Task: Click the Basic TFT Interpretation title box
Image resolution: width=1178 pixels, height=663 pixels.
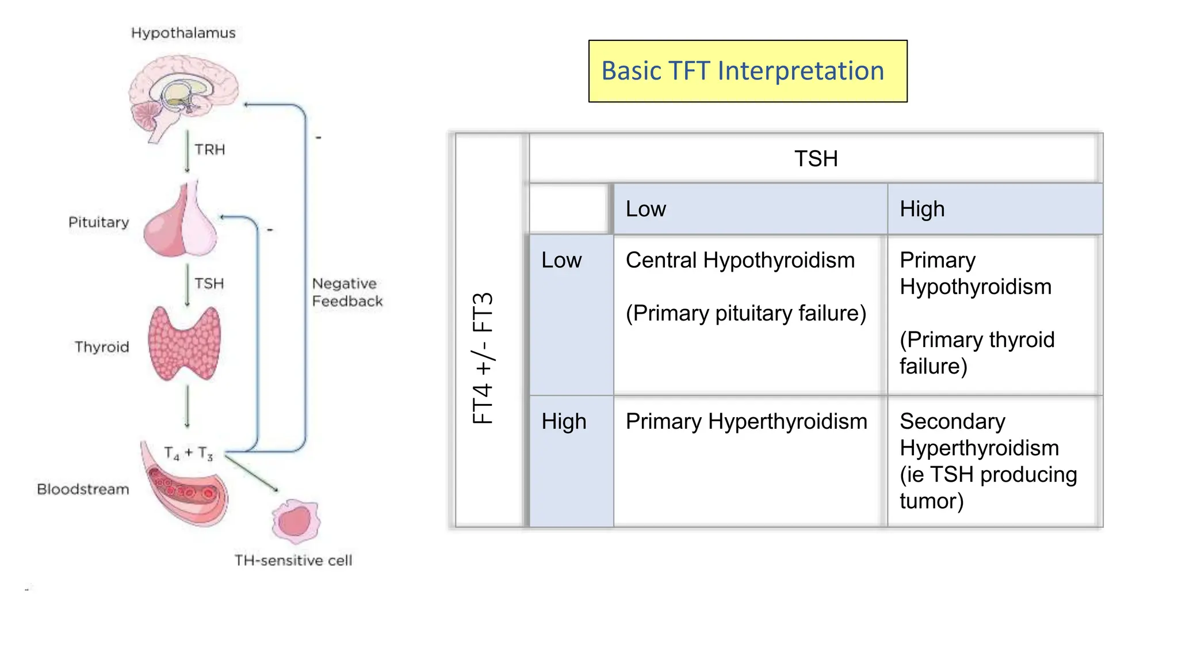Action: (x=747, y=71)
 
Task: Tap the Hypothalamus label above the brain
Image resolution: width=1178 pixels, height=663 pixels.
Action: (x=183, y=33)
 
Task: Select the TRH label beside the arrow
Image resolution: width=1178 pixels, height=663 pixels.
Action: (x=209, y=150)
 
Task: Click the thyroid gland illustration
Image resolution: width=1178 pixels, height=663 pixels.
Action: (x=184, y=344)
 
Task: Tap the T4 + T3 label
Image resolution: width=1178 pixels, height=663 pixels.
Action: (x=188, y=454)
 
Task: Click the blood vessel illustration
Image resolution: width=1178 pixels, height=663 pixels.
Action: (x=184, y=486)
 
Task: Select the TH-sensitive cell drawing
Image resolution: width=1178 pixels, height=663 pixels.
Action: (x=296, y=521)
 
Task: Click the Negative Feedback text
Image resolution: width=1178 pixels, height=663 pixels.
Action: (x=347, y=292)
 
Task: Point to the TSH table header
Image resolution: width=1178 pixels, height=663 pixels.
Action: (x=816, y=159)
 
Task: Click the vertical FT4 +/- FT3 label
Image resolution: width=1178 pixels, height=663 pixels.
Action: (x=483, y=358)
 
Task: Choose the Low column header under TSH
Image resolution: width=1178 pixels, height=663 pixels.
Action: (x=645, y=209)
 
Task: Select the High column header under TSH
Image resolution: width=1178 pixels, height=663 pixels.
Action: (x=922, y=209)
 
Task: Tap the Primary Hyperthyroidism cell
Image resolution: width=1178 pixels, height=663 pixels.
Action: (x=746, y=422)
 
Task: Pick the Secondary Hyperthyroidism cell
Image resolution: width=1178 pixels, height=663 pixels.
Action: (x=988, y=460)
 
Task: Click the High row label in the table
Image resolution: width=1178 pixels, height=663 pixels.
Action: (x=564, y=422)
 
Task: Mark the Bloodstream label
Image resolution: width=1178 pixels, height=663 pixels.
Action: (x=83, y=489)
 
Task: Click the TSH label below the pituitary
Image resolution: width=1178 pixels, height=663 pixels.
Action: (x=209, y=284)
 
